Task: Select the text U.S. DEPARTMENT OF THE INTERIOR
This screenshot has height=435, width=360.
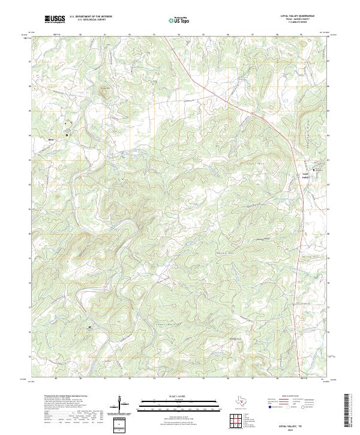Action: click(91, 17)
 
